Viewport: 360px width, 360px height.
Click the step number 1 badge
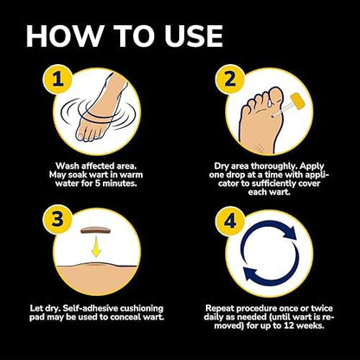(57, 79)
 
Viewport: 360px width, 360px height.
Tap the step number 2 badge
(230, 79)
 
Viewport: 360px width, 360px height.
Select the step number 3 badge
(57, 220)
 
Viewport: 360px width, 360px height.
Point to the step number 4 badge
(230, 222)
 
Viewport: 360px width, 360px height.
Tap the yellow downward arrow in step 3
(96, 247)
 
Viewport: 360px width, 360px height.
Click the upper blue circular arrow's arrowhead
(290, 232)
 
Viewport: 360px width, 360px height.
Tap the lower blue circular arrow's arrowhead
(250, 274)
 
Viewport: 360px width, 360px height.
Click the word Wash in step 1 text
(67, 166)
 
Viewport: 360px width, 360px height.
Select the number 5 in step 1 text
(97, 183)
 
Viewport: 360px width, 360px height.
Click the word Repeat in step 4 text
(220, 309)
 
